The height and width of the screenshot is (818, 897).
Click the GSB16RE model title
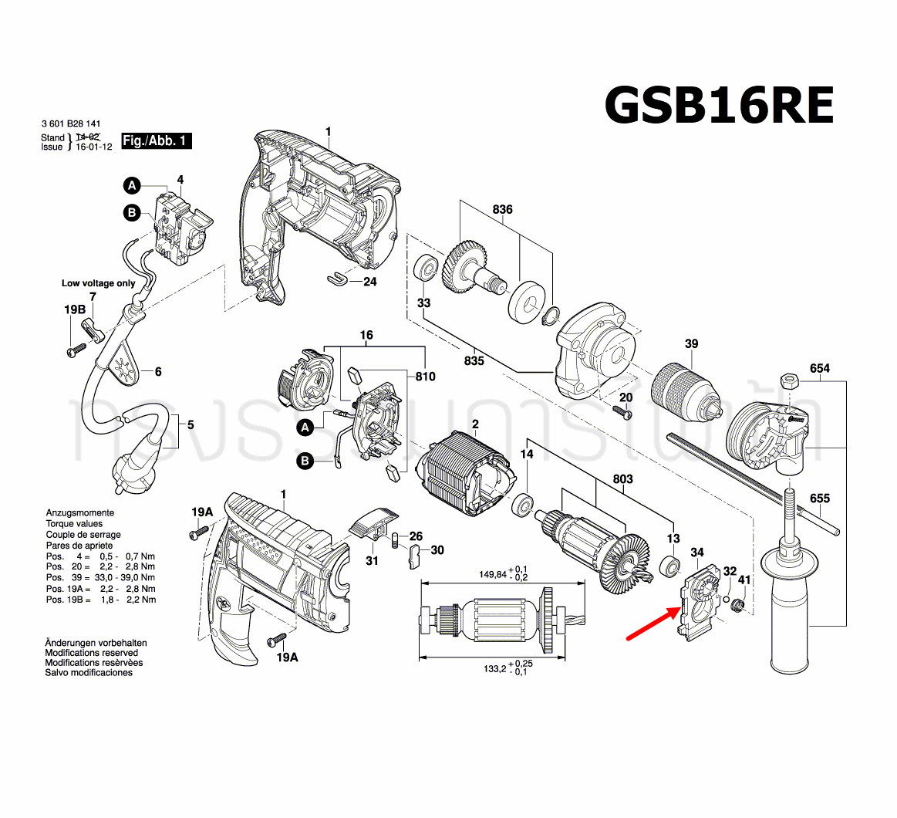(719, 105)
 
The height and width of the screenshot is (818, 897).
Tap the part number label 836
(502, 210)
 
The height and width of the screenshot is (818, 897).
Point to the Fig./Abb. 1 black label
(156, 141)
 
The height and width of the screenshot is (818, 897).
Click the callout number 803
(622, 479)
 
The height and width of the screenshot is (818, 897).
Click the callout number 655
(819, 498)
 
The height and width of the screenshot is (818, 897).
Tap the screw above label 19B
(76, 349)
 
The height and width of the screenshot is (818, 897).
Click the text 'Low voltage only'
(98, 283)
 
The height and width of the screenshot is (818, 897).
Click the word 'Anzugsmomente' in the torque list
(79, 512)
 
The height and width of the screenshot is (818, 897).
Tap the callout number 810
(425, 377)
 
